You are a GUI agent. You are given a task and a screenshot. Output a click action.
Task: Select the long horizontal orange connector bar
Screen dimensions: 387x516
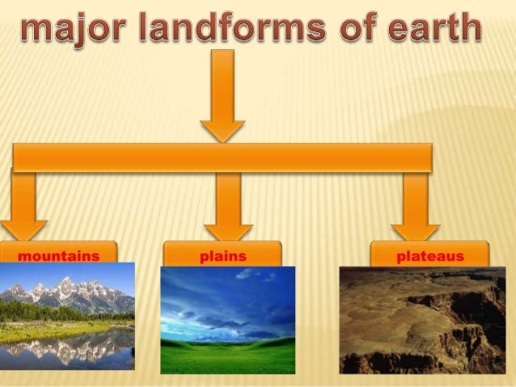click(222, 158)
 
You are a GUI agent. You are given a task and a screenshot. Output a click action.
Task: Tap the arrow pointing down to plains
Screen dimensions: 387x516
click(228, 206)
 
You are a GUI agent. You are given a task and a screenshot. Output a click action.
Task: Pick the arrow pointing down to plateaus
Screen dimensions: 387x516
click(416, 206)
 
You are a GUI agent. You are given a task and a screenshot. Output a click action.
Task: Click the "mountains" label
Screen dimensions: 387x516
click(59, 256)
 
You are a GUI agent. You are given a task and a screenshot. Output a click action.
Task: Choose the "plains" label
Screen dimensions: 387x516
click(222, 256)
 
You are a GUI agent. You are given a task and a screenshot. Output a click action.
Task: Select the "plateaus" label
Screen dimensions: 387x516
click(430, 256)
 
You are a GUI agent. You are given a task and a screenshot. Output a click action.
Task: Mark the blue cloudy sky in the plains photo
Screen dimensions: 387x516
click(227, 299)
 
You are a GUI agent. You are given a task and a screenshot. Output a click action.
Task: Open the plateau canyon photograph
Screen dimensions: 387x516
click(422, 320)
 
